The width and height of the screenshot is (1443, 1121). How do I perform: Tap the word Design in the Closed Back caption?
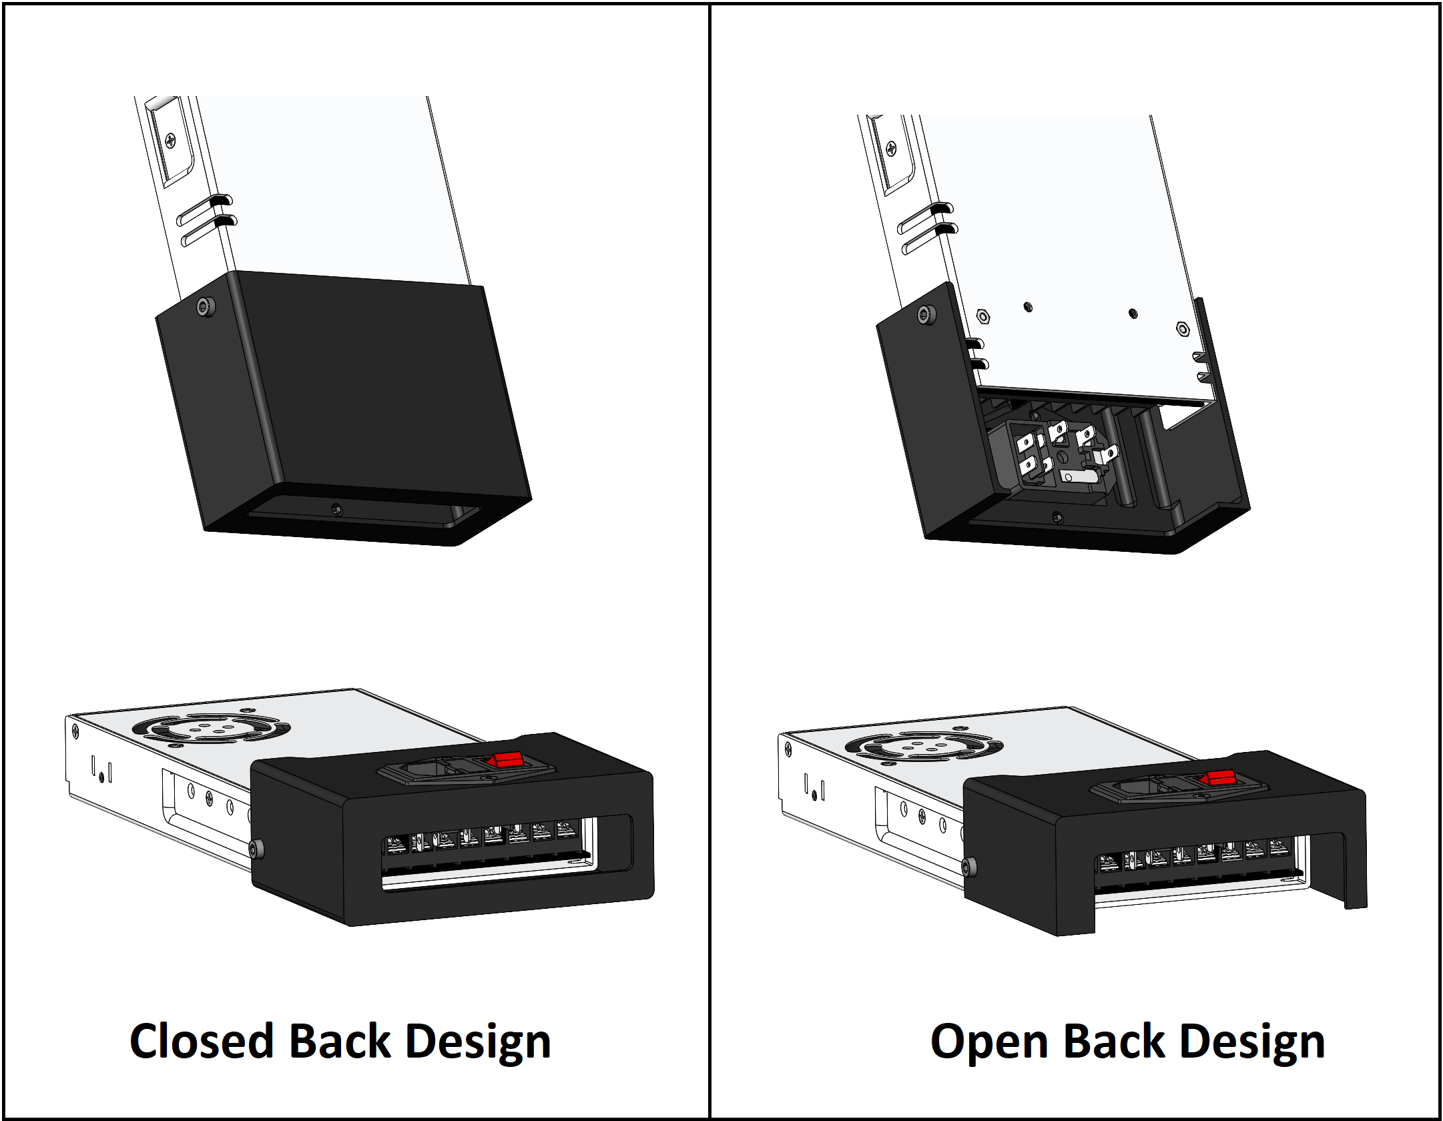[478, 1042]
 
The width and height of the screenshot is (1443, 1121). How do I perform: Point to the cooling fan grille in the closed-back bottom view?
[211, 729]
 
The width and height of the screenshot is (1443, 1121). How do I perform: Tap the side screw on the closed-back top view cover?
[206, 307]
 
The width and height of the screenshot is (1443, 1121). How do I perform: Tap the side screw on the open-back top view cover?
[926, 316]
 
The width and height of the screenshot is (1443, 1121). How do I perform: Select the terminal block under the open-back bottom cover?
[1195, 859]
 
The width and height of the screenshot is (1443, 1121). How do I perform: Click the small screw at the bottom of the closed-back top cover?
[337, 510]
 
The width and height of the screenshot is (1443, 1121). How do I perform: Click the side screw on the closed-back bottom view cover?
[256, 849]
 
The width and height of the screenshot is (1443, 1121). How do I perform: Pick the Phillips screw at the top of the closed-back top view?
[170, 141]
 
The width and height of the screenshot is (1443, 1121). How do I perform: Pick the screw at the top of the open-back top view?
[891, 148]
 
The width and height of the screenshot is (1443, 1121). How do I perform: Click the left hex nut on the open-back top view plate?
[982, 316]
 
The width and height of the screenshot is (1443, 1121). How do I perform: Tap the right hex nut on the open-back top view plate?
[1182, 328]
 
